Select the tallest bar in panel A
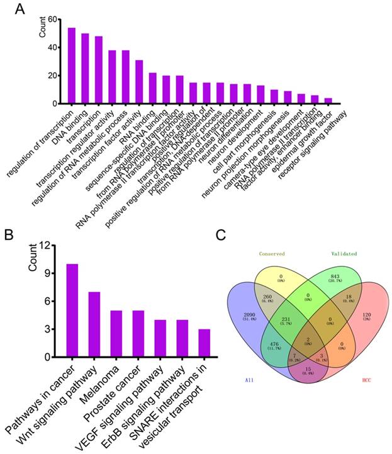(72, 65)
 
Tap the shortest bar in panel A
(345, 101)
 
